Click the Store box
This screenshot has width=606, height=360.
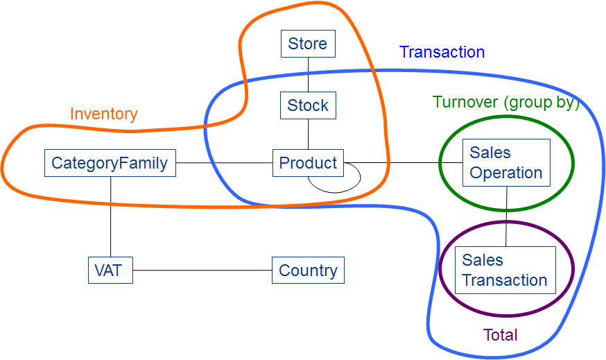(308, 44)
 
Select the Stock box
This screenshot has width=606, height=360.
(308, 105)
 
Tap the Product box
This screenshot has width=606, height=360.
(308, 163)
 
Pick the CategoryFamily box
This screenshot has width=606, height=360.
(110, 163)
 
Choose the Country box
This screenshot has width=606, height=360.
(308, 270)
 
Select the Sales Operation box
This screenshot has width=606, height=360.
(506, 162)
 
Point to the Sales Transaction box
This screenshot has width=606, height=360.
(505, 270)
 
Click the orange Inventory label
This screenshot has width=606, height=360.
(104, 114)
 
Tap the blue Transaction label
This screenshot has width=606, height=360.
(442, 52)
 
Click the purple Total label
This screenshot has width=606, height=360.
(501, 336)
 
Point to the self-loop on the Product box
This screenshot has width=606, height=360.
(336, 186)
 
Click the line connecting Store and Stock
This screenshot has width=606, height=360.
(308, 74)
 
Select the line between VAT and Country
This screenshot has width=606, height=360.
(201, 270)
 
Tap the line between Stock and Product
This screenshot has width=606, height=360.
(308, 134)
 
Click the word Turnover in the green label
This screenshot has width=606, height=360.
(465, 102)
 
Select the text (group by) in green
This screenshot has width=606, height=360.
(542, 102)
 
